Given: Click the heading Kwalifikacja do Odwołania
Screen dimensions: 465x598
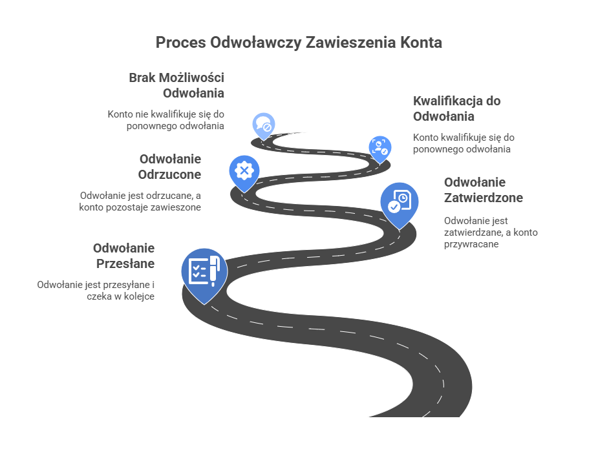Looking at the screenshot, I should click(x=456, y=108).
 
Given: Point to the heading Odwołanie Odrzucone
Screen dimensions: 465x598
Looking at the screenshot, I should click(x=170, y=166).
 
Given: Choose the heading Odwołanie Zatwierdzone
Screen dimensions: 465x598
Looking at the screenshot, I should click(x=483, y=190).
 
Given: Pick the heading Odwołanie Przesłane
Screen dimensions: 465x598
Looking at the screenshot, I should click(x=124, y=255).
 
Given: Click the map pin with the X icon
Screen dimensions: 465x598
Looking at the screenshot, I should click(x=244, y=171).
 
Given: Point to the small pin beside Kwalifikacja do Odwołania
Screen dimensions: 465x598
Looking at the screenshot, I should click(x=379, y=147).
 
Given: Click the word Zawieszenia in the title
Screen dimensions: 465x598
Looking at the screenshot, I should click(x=352, y=43).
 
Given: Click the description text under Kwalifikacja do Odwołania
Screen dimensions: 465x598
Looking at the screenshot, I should click(x=463, y=143).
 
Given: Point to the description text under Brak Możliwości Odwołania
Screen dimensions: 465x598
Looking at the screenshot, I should click(x=166, y=119).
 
